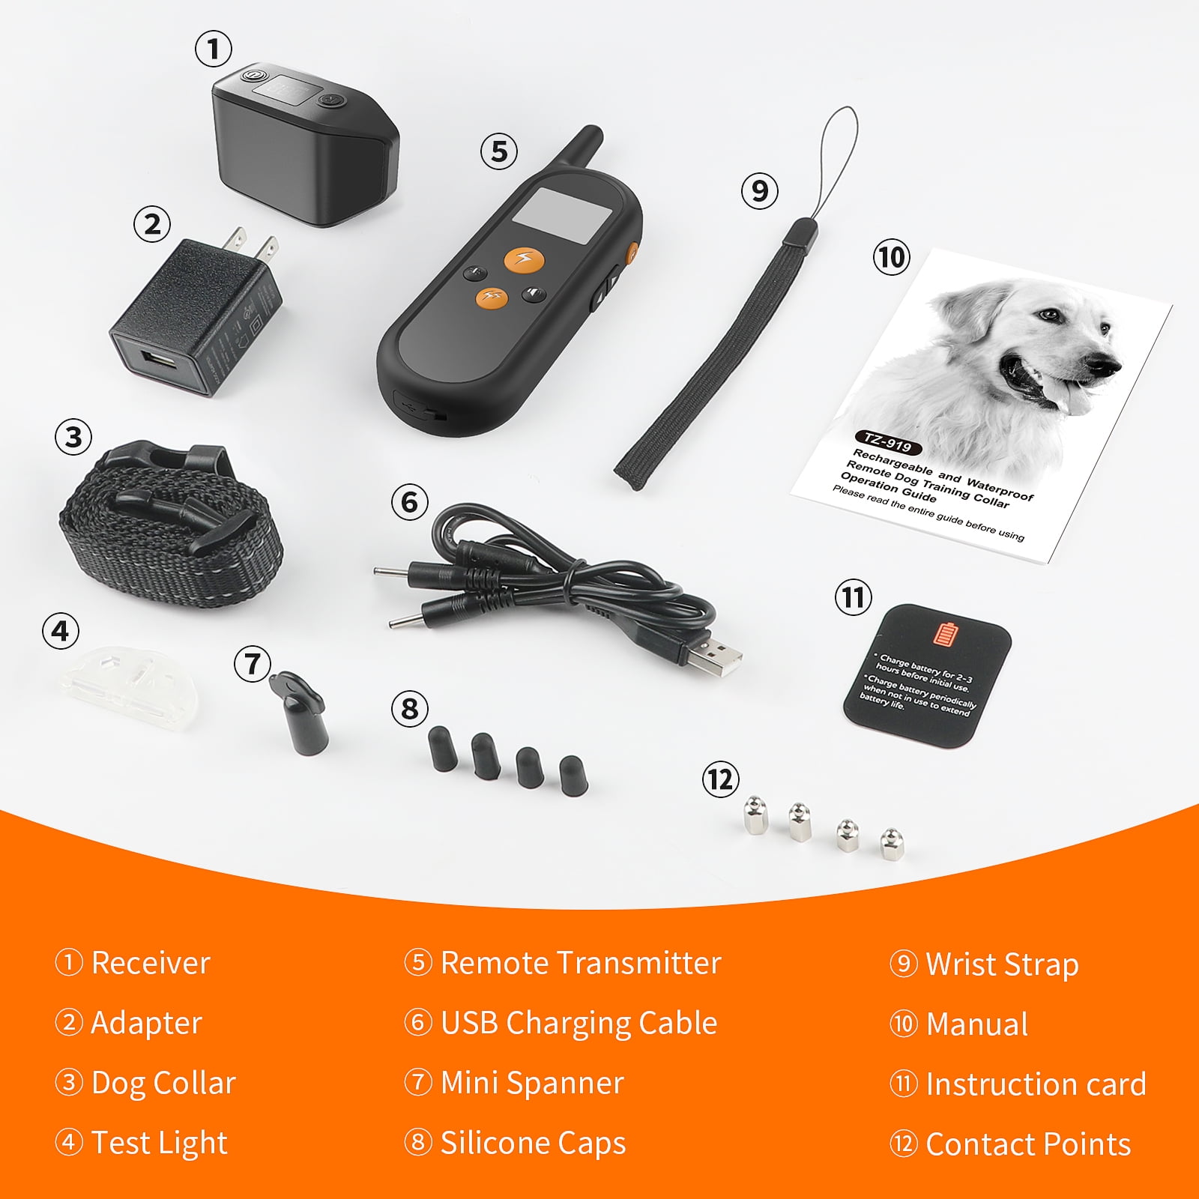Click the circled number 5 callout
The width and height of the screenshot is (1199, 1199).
(x=499, y=151)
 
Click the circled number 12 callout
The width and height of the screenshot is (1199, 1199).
(x=720, y=779)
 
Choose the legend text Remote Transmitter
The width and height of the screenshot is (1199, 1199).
(x=580, y=963)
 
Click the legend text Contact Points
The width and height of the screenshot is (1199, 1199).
(x=1027, y=1144)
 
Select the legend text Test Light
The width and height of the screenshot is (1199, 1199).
(x=159, y=1143)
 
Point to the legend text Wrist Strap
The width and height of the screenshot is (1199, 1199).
(x=1001, y=964)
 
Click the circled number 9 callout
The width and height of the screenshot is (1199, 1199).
(x=759, y=191)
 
